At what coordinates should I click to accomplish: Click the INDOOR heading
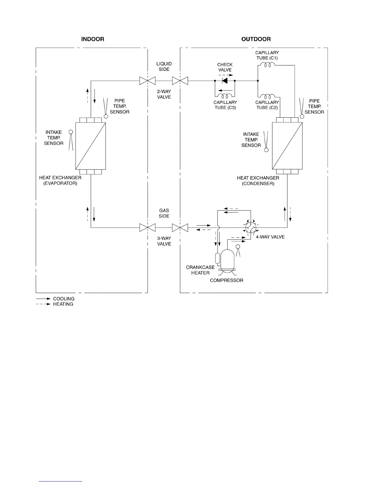[x=93, y=39]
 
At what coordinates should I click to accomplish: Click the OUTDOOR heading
[x=256, y=39]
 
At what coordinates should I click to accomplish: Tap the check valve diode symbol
[x=225, y=81]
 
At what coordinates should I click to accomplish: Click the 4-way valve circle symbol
[x=251, y=227]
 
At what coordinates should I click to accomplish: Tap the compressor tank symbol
[x=227, y=261]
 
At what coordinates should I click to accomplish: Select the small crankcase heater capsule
[x=217, y=258]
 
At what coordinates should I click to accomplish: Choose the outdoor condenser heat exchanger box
[x=287, y=146]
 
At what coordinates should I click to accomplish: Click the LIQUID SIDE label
[x=164, y=67]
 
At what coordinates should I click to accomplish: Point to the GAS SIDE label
[x=164, y=213]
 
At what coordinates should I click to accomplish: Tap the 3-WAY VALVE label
[x=164, y=241]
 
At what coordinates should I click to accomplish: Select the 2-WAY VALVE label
[x=164, y=94]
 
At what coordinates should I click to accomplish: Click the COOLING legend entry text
[x=64, y=299]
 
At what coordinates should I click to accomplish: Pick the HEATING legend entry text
[x=63, y=304]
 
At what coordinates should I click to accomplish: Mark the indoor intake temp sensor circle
[x=71, y=132]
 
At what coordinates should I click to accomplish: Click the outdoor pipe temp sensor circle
[x=302, y=116]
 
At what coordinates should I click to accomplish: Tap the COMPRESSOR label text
[x=226, y=280]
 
